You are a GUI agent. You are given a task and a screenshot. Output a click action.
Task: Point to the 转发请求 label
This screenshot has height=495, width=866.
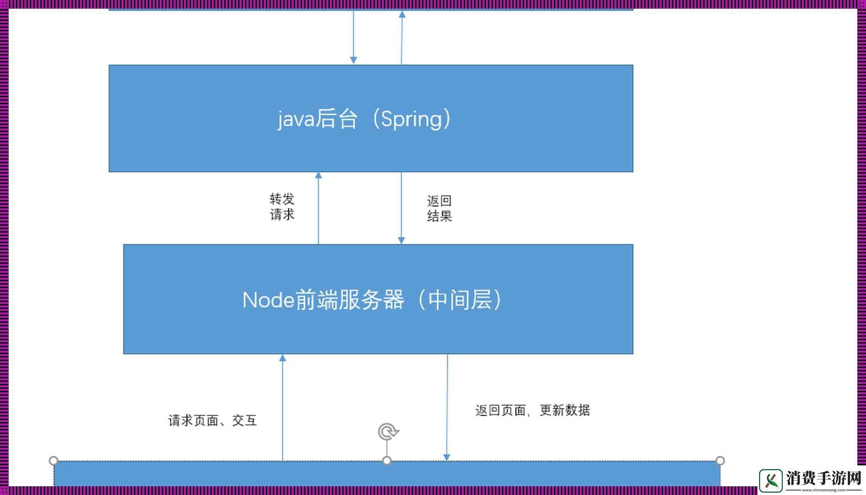(282, 207)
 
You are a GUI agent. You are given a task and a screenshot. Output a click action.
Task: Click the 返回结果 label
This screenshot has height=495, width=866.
(439, 208)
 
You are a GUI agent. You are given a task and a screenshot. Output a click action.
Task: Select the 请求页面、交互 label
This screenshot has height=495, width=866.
(212, 420)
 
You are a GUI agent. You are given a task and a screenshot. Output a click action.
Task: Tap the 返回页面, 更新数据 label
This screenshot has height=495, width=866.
(532, 410)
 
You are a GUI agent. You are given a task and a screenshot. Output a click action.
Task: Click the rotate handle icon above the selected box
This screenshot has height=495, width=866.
(388, 432)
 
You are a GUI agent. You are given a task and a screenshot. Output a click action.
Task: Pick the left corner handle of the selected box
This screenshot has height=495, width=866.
(53, 460)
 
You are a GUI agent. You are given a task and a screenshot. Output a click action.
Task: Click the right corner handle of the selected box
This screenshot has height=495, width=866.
(720, 460)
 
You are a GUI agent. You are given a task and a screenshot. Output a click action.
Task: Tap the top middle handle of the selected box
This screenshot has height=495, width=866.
(387, 460)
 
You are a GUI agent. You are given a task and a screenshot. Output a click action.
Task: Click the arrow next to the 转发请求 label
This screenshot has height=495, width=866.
(318, 208)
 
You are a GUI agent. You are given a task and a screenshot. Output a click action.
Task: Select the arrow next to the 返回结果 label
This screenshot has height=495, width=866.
(401, 208)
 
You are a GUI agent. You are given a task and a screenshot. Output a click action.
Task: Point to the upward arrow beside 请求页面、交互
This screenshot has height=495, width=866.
(282, 408)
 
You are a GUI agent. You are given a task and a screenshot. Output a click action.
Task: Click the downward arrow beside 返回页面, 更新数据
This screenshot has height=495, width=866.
(447, 408)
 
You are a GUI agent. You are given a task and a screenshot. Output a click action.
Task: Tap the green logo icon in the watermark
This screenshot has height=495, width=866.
(771, 480)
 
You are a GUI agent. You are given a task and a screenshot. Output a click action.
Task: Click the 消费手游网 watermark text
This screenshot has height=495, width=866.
(823, 478)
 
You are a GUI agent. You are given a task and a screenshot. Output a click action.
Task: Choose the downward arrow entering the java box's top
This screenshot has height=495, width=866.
(354, 37)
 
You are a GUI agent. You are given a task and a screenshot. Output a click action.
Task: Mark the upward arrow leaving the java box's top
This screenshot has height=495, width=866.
(402, 37)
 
